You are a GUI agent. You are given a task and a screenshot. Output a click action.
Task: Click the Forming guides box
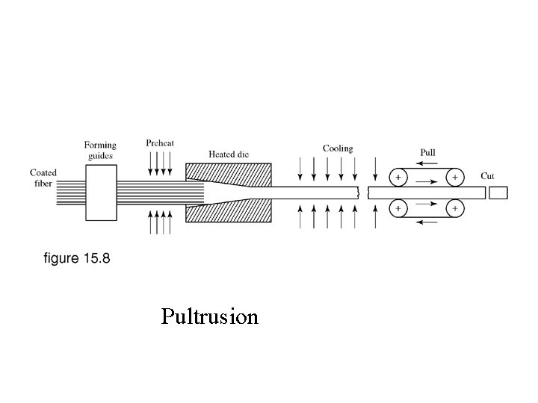101,193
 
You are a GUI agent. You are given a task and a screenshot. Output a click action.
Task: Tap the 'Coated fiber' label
43,178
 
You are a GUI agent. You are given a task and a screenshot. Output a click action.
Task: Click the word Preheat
161,143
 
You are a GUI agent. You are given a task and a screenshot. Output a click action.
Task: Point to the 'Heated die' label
229,154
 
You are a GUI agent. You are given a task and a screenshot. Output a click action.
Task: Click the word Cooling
338,149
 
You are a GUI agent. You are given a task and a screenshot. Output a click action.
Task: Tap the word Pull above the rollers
428,152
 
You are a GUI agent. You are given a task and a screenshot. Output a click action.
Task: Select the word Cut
487,176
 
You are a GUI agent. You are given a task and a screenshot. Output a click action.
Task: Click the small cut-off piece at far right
498,193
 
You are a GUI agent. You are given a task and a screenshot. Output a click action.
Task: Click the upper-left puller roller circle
398,178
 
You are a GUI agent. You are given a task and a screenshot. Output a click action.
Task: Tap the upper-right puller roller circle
453,178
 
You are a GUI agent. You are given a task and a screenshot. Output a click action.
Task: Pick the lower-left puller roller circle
398,207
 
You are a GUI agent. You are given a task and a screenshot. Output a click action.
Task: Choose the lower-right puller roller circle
453,207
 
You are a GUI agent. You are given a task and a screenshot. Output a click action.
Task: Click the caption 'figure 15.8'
77,258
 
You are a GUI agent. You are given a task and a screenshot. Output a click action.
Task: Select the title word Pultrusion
210,317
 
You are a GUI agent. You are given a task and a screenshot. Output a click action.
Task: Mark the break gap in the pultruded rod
364,193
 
